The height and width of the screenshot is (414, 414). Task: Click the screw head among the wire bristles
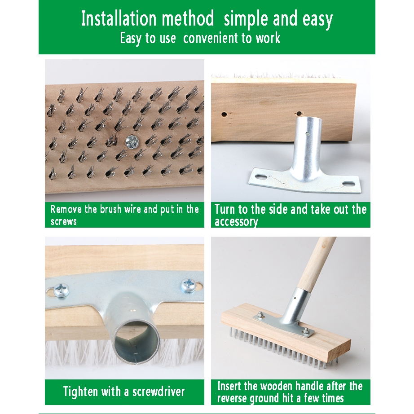(130, 141)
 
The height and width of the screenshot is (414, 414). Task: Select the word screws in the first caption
(64, 221)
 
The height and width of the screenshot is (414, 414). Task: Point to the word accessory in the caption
(236, 222)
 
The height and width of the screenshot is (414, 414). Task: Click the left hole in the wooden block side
(224, 115)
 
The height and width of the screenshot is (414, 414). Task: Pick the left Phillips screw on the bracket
(61, 290)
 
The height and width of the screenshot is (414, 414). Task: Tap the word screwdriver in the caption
(159, 392)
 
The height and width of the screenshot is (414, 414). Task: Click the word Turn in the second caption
(225, 209)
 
